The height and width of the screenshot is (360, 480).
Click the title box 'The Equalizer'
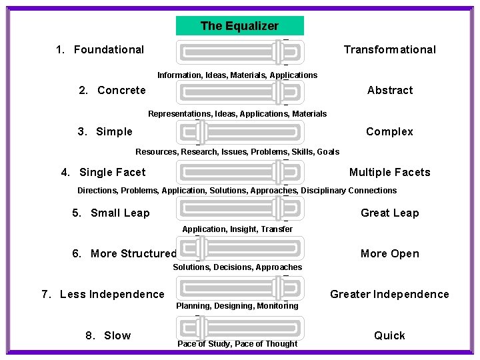tap(239, 26)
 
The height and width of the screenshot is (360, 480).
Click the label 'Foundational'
tap(109, 49)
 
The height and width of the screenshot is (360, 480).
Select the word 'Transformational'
tap(389, 49)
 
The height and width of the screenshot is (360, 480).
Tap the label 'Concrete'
tap(121, 90)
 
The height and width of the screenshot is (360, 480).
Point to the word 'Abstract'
tap(390, 90)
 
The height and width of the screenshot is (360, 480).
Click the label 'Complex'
tap(389, 131)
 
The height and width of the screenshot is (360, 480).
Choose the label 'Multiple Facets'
tap(389, 172)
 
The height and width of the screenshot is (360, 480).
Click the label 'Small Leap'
tap(120, 213)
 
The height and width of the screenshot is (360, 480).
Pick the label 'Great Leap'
tap(389, 213)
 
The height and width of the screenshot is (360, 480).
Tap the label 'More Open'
tap(389, 253)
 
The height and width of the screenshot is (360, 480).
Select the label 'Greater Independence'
tap(389, 294)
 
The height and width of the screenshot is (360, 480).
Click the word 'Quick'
tap(389, 335)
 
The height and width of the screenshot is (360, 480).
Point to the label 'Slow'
tap(117, 335)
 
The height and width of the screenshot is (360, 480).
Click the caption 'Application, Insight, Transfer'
tap(237, 229)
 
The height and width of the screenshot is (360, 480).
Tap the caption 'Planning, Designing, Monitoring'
tap(237, 306)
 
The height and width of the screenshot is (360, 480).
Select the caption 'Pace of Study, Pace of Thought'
tap(237, 344)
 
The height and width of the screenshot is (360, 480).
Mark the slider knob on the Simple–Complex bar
tap(201, 133)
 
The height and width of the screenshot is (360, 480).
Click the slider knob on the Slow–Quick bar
tap(201, 329)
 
